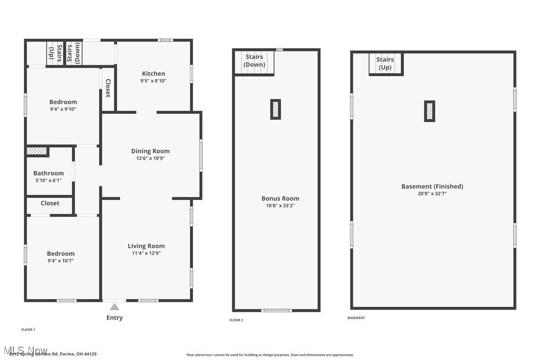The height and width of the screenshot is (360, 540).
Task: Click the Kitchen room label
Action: click(x=153, y=74)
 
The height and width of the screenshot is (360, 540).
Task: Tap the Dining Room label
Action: click(x=150, y=151)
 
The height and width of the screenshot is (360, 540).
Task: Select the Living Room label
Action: click(x=146, y=246)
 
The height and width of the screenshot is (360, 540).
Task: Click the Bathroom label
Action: click(x=48, y=174)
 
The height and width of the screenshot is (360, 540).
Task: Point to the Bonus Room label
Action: click(x=280, y=198)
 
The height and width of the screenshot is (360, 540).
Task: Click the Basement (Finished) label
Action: click(x=432, y=186)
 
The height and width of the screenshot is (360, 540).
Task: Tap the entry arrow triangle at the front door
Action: click(x=114, y=307)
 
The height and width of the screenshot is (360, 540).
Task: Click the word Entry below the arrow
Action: click(x=114, y=318)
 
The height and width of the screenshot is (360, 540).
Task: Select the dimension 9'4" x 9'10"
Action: click(x=63, y=109)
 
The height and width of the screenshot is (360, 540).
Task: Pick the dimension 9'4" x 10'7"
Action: click(x=61, y=261)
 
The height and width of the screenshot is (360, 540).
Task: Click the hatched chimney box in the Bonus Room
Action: click(x=275, y=109)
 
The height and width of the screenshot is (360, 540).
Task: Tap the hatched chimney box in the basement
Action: click(x=430, y=111)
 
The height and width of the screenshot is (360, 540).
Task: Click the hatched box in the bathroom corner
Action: click(x=36, y=151)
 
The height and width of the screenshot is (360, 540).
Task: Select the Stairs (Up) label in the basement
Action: click(x=385, y=63)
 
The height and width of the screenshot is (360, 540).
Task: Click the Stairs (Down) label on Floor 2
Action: click(x=254, y=61)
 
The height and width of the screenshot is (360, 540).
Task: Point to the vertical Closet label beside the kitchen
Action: click(x=108, y=88)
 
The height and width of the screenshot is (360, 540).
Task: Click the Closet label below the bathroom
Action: click(x=50, y=203)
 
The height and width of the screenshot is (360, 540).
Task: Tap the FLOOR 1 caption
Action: click(x=28, y=330)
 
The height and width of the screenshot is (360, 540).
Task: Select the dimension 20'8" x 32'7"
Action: click(x=432, y=194)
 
